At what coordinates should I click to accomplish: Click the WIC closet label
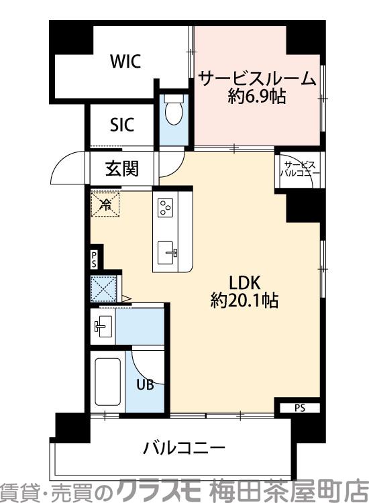[x=125, y=62]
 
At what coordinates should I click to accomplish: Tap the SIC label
[x=121, y=125]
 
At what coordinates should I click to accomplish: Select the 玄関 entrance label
[x=121, y=168]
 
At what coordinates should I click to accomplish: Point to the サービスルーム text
[x=257, y=79]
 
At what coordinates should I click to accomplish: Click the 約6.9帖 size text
[x=257, y=97]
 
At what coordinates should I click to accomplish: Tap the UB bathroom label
[x=145, y=385]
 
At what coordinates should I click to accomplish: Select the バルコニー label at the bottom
[x=182, y=448]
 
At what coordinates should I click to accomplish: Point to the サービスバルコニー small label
[x=299, y=168]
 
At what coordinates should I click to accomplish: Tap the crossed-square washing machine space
[x=104, y=289]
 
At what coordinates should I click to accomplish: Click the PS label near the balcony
[x=299, y=406]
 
